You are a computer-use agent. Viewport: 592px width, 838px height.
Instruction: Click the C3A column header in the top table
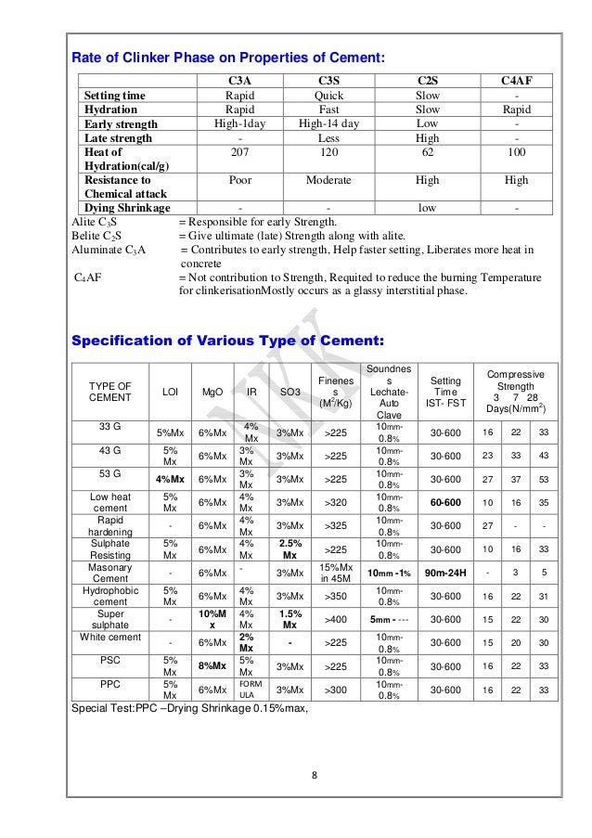pos(240,82)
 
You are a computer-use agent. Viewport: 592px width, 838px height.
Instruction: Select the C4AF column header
pos(516,82)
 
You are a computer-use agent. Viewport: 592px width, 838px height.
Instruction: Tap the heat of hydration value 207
pos(240,151)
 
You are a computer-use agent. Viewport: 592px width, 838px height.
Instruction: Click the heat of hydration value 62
pos(427,151)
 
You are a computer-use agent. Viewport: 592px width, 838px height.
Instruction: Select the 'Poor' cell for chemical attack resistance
pos(240,180)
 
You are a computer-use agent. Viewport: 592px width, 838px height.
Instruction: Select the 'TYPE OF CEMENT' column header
pos(109,392)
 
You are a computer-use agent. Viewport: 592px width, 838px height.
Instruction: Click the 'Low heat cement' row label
pos(109,502)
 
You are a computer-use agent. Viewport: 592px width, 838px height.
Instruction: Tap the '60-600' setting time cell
pos(445,502)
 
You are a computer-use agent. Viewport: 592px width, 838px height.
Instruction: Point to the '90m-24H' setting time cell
pos(445,573)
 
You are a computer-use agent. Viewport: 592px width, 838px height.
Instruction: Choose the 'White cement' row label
pos(109,638)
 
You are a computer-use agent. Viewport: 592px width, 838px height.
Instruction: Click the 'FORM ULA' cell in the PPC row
pos(250,690)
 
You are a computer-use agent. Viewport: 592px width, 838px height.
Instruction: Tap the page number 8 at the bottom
pos(315,776)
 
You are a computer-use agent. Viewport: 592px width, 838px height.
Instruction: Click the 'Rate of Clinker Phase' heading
pos(228,59)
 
